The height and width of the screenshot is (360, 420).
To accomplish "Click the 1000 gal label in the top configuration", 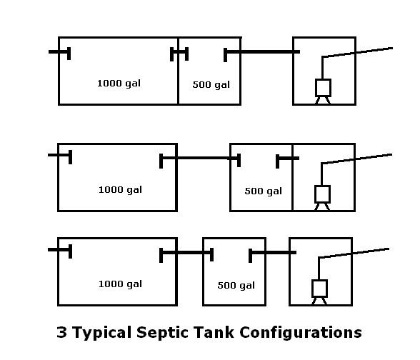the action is [x=119, y=84].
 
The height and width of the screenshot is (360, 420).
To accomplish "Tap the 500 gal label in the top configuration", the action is [x=211, y=84].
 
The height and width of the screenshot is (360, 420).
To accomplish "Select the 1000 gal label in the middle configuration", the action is [x=120, y=190].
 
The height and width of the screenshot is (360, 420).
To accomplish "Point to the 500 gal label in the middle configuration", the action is [x=264, y=191].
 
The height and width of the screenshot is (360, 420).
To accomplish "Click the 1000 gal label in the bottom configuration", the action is [x=120, y=284].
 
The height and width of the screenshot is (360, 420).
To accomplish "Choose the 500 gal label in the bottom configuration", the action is [x=236, y=286].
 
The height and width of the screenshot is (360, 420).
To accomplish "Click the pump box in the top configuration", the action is [x=323, y=88].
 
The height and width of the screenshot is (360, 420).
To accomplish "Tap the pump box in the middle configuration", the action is [x=322, y=194].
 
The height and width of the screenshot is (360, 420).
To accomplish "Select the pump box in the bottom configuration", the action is [x=319, y=289].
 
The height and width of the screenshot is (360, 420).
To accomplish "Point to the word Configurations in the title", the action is [x=301, y=333].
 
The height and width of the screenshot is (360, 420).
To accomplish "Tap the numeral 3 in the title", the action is [x=61, y=332].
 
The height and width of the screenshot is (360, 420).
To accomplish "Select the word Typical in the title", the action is [x=101, y=333].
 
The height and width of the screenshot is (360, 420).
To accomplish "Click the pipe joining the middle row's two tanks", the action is [x=200, y=158].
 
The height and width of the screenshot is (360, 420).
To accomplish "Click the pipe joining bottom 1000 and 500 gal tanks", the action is [x=186, y=252].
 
